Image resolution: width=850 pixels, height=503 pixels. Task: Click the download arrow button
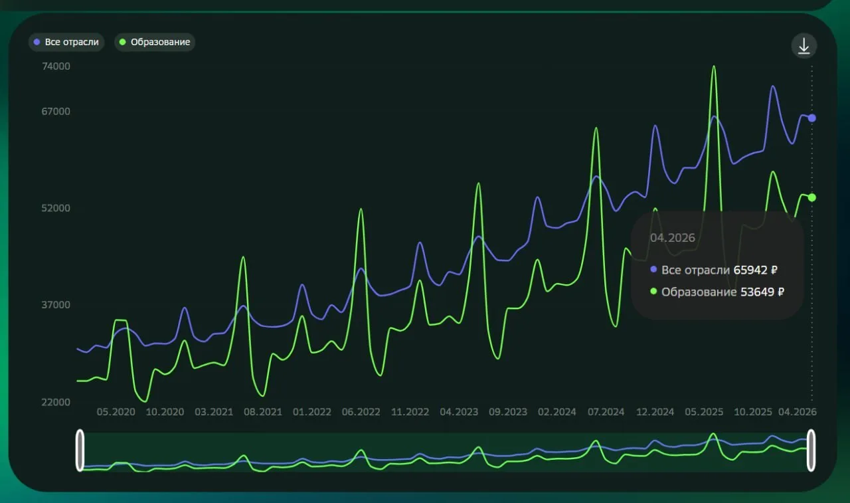coord(804,46)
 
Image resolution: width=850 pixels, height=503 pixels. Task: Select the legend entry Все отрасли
coord(66,42)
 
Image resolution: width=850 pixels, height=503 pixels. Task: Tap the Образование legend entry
coord(155,42)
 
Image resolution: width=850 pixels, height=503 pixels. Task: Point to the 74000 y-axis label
coord(56,66)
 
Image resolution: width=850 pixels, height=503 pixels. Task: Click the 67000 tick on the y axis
coord(56,112)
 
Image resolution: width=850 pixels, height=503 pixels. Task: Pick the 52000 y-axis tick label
coord(56,209)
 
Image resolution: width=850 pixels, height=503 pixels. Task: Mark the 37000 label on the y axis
coord(56,305)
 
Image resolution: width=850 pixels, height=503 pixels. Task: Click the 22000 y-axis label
coord(56,403)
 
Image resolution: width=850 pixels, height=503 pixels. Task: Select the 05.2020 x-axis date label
coord(116,412)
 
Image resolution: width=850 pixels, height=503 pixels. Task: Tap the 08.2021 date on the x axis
coord(263,412)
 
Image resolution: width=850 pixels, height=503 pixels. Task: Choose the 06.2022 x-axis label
coord(361,412)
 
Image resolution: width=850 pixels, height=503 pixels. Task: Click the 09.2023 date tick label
coord(508,412)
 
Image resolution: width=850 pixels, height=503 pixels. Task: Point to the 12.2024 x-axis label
coord(655,412)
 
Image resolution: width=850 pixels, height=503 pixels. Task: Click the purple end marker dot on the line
coord(811,118)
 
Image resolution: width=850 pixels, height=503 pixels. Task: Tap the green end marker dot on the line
coord(811,197)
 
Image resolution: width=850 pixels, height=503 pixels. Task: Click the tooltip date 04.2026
coord(673,238)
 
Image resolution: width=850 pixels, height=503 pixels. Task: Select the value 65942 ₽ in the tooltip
coord(756,270)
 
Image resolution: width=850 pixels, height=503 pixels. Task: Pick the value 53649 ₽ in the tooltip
coord(762,292)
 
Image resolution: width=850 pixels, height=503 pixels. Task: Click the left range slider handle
coord(80,451)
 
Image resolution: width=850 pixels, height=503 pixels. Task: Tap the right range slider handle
coord(811,451)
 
